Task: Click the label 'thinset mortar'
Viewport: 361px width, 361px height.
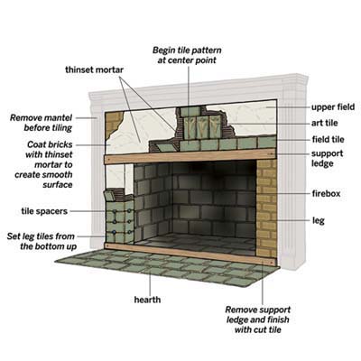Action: click(x=95, y=69)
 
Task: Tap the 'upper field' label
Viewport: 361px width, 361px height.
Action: click(x=333, y=107)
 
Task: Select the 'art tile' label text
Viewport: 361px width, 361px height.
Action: click(x=325, y=123)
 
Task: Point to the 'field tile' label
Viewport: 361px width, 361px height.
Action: click(x=328, y=139)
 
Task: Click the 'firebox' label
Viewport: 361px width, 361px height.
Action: click(x=326, y=193)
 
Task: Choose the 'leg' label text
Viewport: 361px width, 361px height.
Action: click(x=319, y=220)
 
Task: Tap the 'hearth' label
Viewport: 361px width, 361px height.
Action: click(x=147, y=300)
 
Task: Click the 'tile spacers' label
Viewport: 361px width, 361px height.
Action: click(x=44, y=211)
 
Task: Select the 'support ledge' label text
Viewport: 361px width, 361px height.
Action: click(x=327, y=158)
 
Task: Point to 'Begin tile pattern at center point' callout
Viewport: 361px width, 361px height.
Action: click(x=187, y=55)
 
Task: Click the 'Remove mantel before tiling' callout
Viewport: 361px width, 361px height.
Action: click(x=42, y=123)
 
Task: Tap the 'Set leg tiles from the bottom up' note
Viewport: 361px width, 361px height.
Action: click(x=41, y=241)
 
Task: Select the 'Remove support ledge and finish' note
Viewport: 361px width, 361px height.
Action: click(x=258, y=314)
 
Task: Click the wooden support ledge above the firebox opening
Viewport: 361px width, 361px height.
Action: click(x=190, y=156)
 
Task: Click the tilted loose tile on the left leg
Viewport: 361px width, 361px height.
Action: click(x=110, y=196)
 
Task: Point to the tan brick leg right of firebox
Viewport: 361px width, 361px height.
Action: click(x=266, y=208)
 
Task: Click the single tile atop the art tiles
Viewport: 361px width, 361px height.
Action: click(x=190, y=112)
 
